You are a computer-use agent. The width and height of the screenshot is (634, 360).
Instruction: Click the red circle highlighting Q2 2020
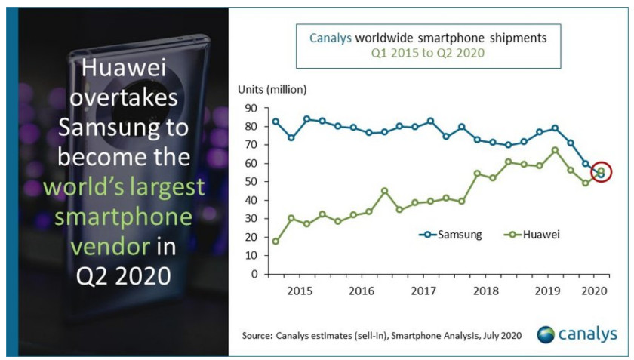click(x=601, y=173)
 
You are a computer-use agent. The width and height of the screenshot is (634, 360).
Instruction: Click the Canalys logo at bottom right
click(x=577, y=334)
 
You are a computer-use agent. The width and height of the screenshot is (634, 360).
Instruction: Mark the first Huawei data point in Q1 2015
click(x=275, y=242)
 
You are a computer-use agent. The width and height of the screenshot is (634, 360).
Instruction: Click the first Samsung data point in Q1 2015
click(x=275, y=122)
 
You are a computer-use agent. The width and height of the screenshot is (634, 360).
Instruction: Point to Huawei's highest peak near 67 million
click(x=556, y=150)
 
